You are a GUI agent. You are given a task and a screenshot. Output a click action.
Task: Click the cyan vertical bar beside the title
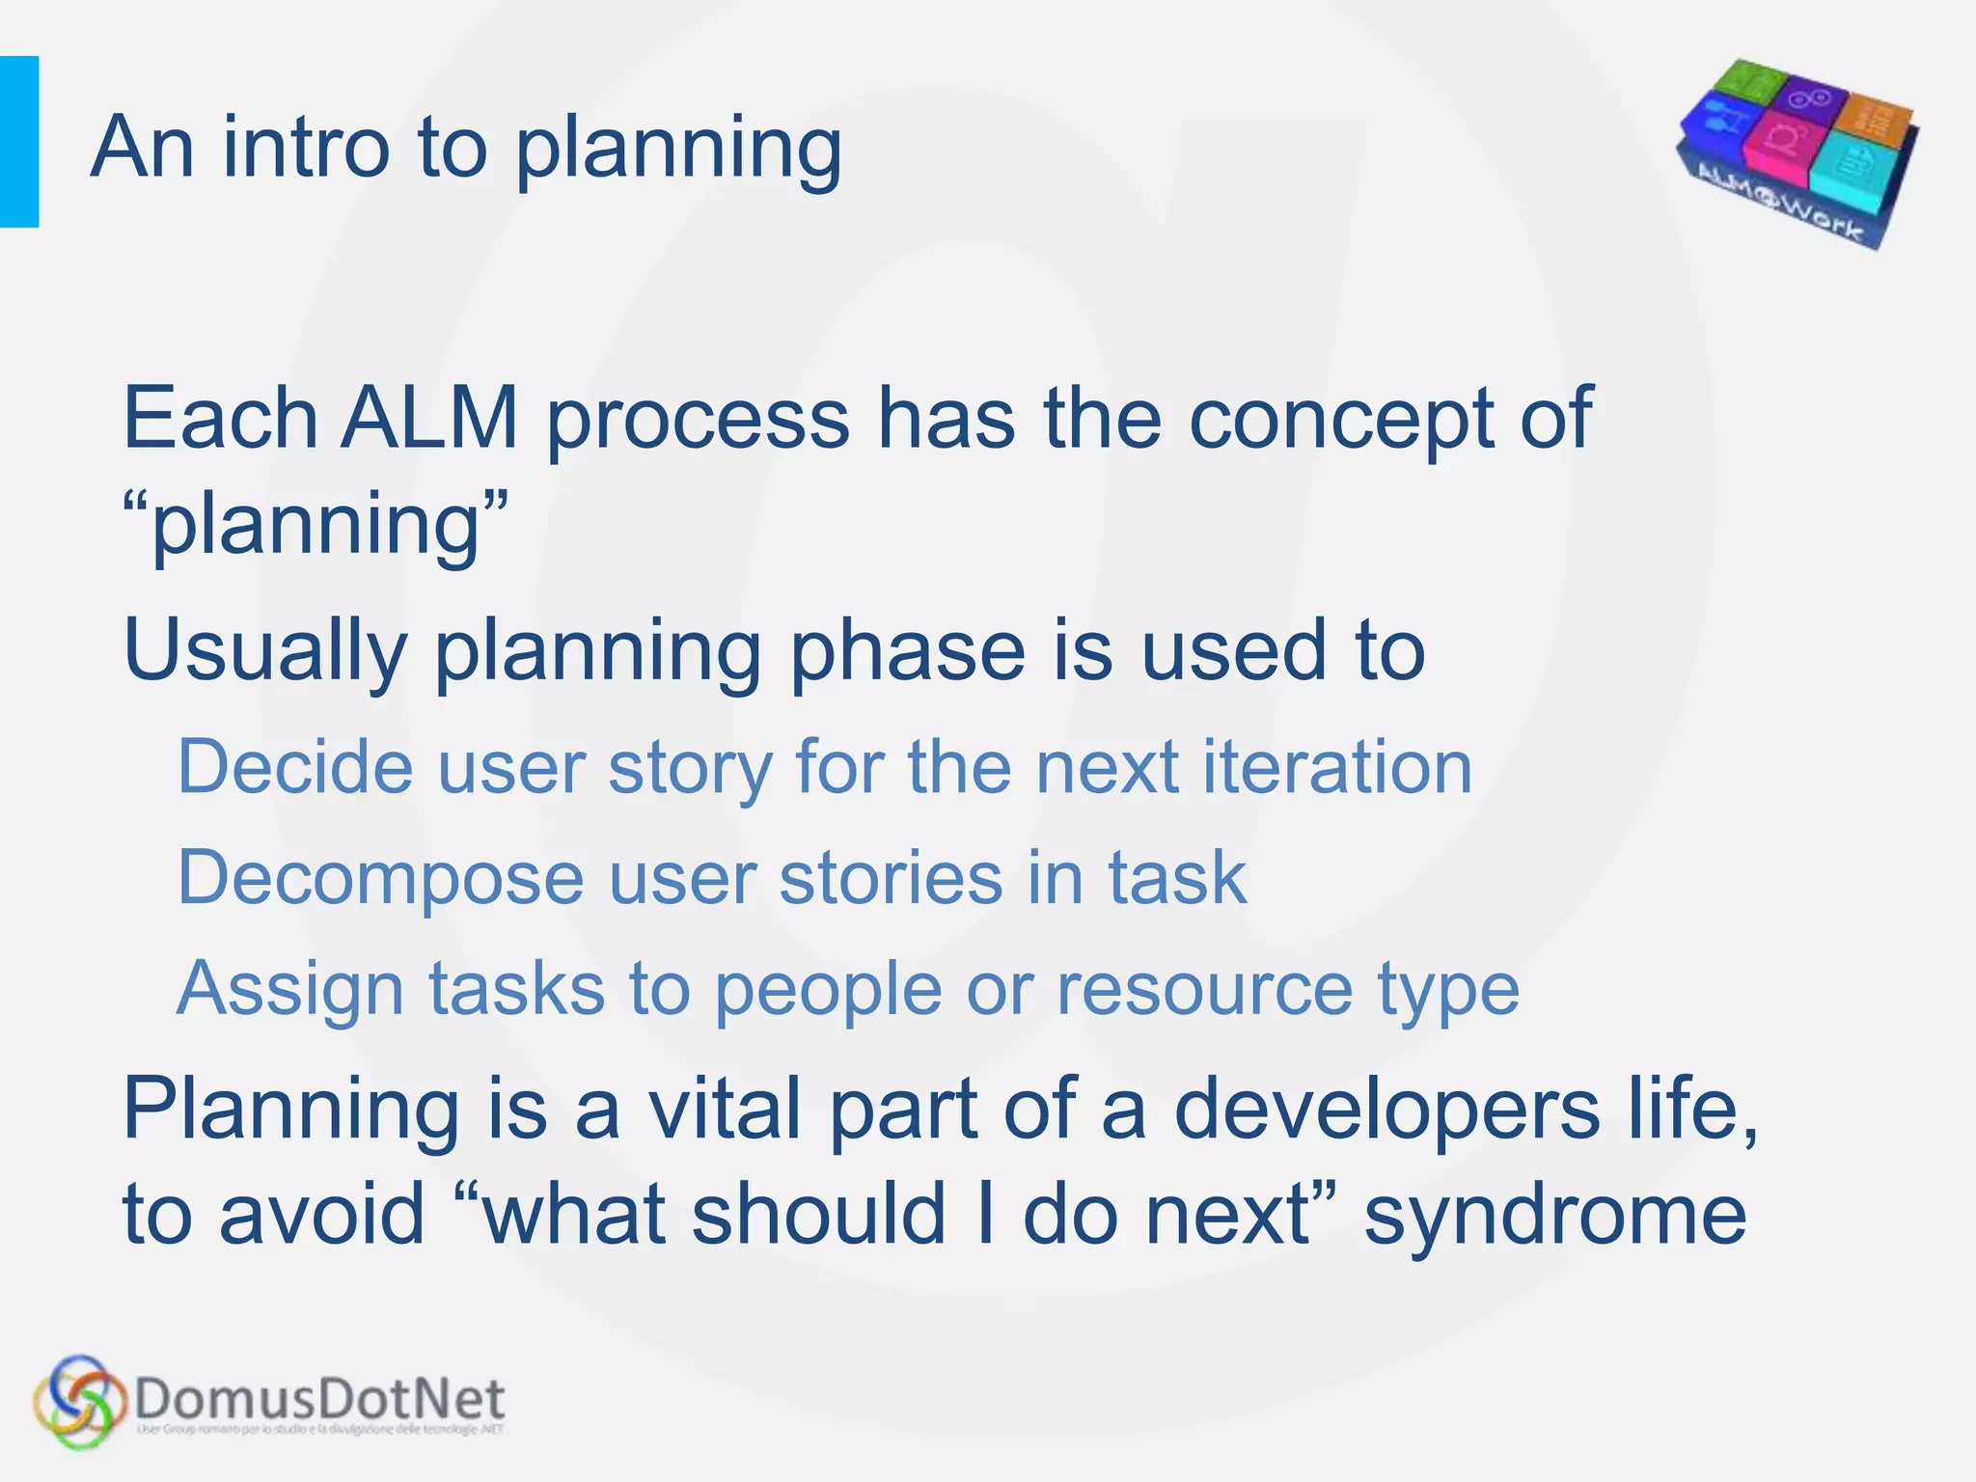coord(18,142)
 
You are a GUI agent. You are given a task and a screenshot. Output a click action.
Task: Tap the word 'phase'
coord(907,651)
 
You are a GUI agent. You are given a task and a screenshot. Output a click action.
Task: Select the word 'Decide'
coord(295,767)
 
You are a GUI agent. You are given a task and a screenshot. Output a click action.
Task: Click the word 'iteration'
coord(1336,767)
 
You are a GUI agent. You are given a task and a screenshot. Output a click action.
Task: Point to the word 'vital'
coord(724,1110)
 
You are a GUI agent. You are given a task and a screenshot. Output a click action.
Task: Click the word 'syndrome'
coord(1554,1215)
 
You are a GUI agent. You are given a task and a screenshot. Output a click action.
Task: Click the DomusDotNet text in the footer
coord(319,1398)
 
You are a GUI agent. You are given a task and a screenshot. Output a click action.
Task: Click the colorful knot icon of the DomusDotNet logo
coord(80,1401)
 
